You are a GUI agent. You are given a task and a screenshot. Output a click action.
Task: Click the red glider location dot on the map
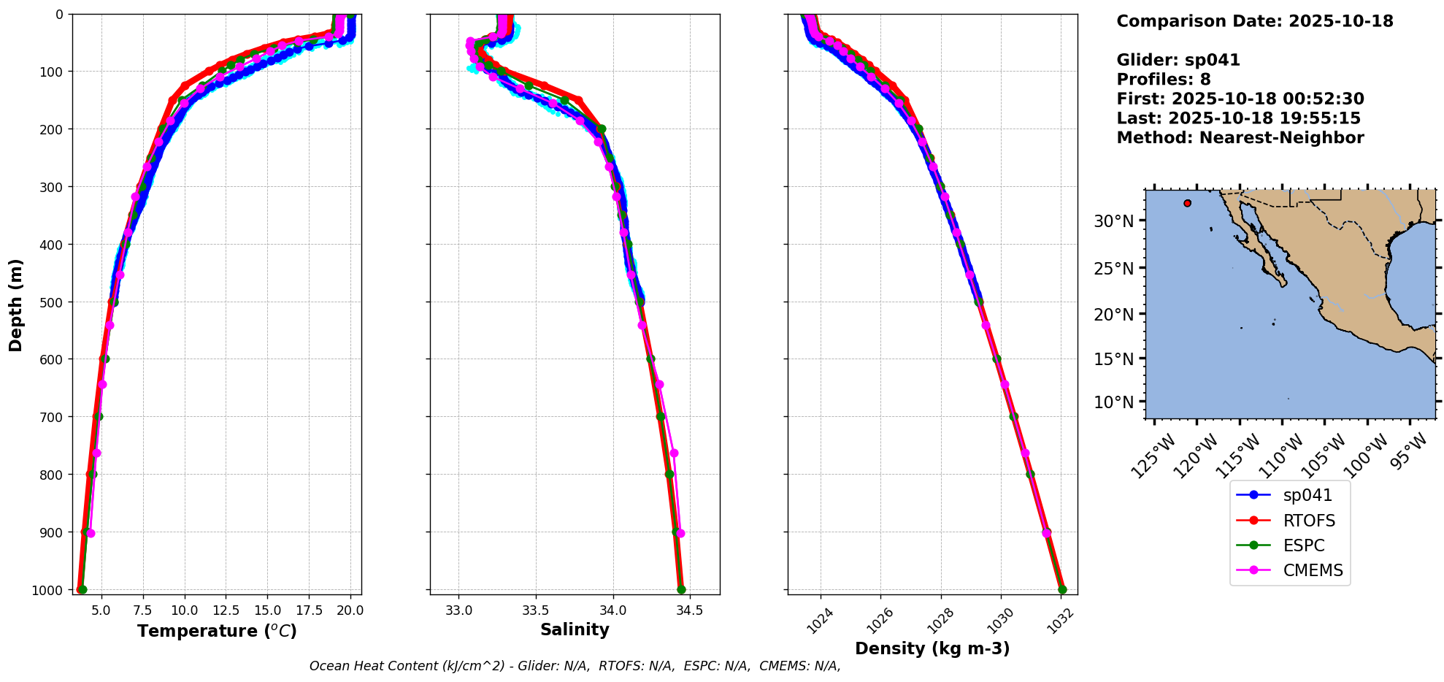click(x=1188, y=203)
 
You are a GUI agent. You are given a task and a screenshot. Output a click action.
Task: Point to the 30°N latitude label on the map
click(x=1114, y=221)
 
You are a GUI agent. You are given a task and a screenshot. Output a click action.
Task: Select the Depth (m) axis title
click(x=16, y=304)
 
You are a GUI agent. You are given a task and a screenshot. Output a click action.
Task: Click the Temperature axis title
click(x=217, y=631)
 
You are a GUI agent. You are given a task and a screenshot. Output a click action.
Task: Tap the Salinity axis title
click(x=575, y=629)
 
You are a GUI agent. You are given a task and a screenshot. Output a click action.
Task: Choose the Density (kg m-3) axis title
click(x=932, y=648)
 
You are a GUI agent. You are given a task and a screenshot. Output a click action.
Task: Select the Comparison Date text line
click(x=1255, y=21)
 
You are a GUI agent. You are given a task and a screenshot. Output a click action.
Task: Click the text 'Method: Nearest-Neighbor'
click(x=1240, y=137)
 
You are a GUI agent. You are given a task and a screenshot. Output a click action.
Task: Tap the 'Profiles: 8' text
click(x=1164, y=80)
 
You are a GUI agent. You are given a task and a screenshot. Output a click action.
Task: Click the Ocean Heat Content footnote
click(x=575, y=666)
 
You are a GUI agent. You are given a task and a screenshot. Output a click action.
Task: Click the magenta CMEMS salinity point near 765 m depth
click(x=674, y=453)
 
